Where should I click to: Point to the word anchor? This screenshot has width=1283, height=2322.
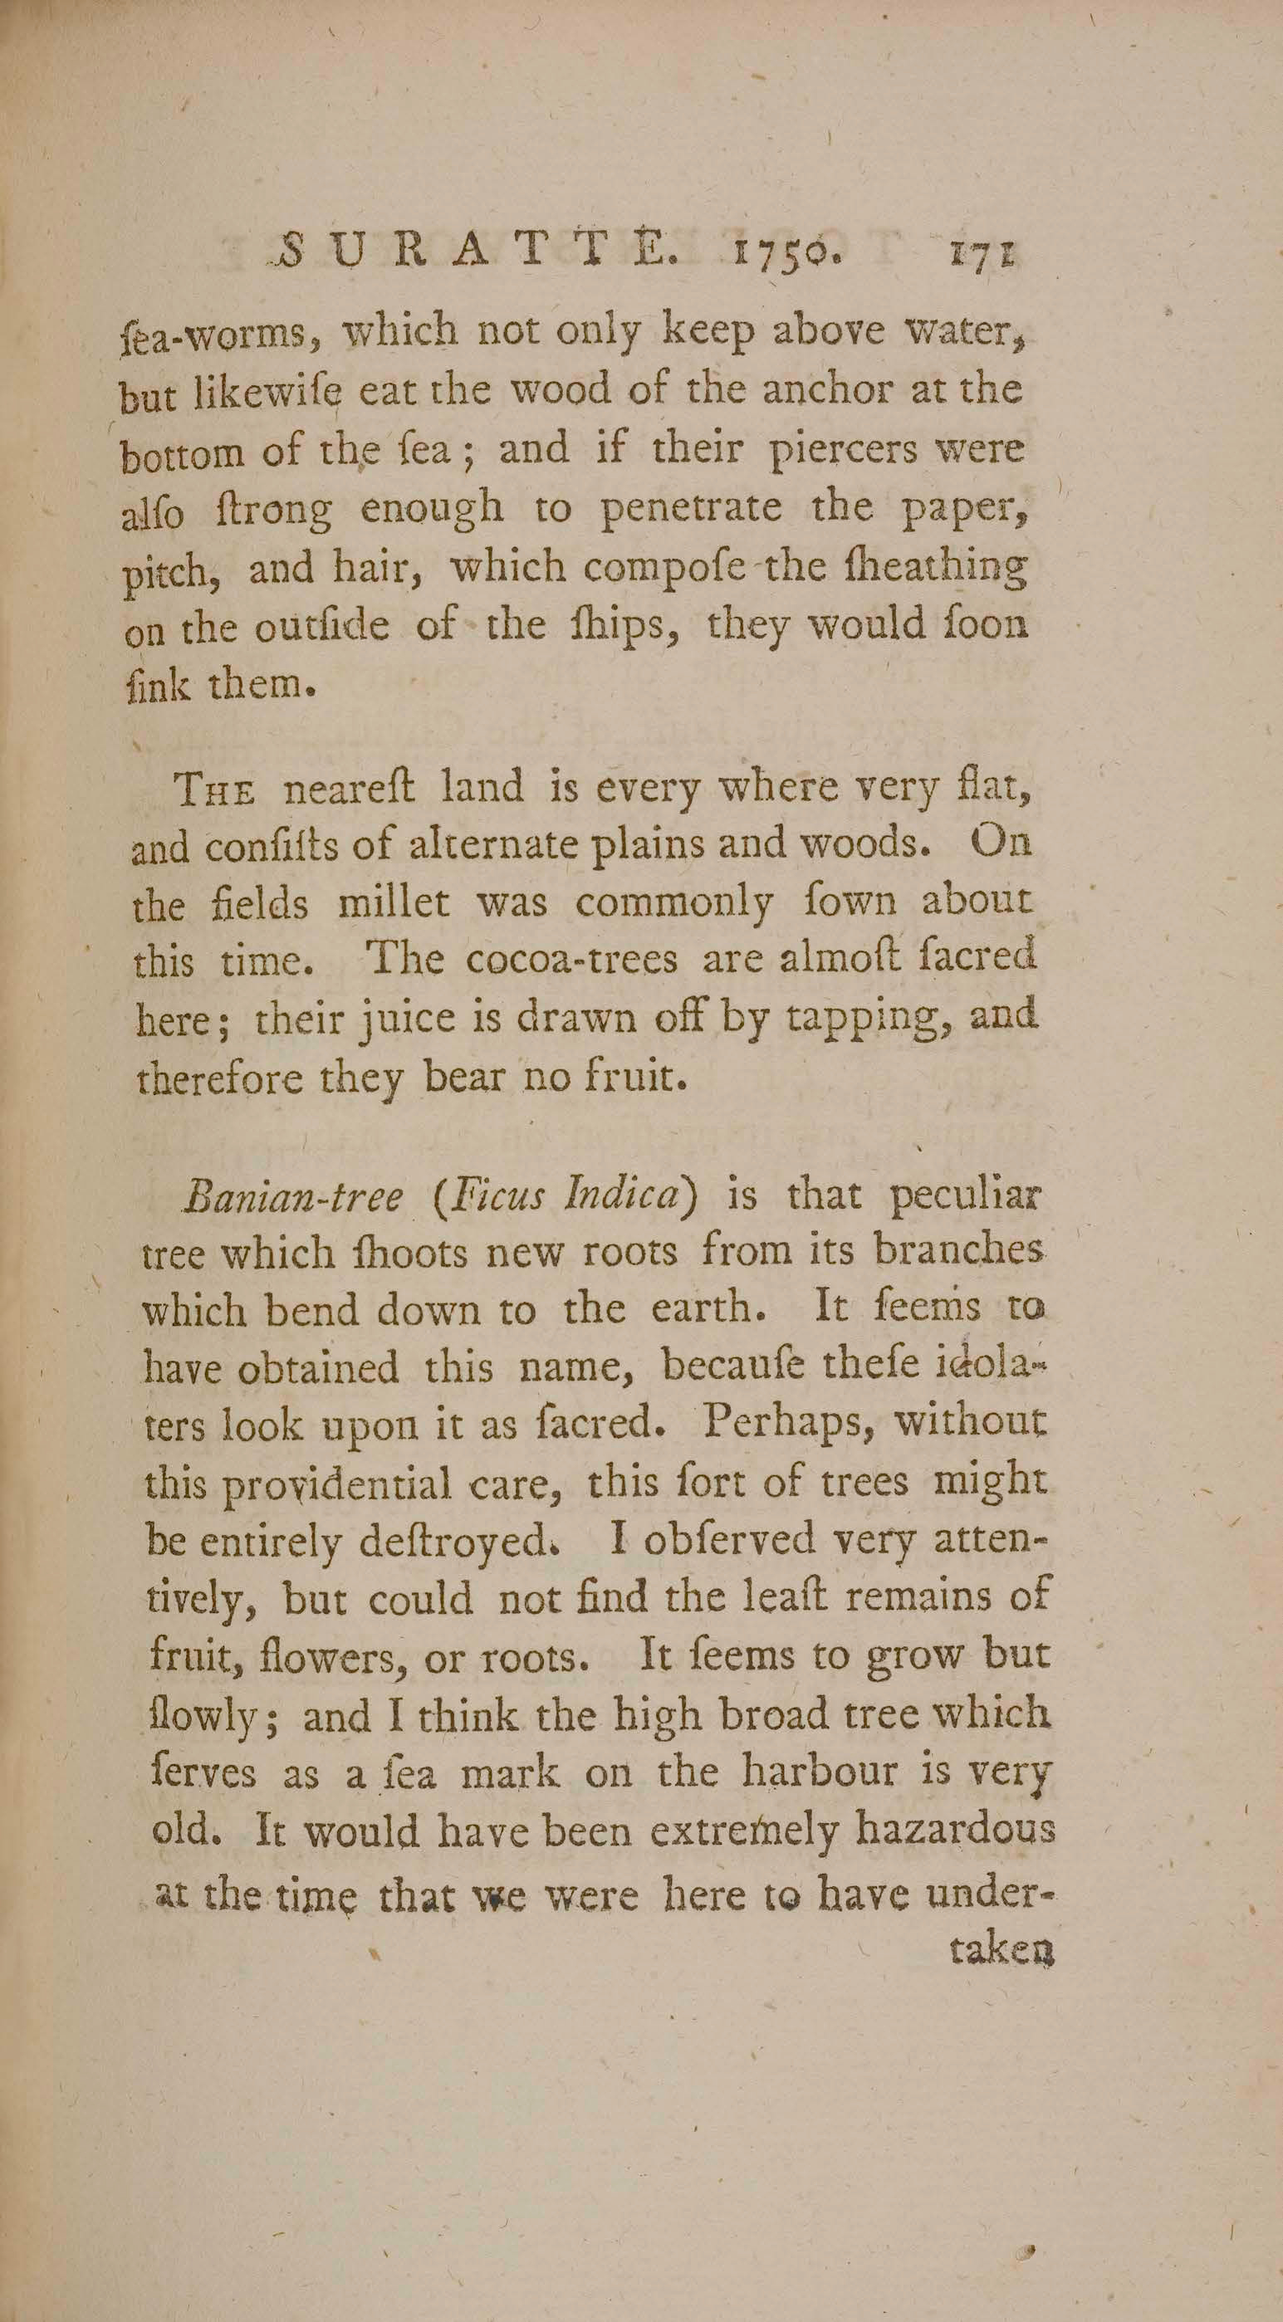tap(834, 389)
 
